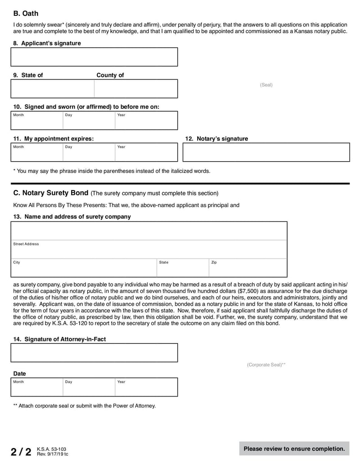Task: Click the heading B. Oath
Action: click(x=26, y=14)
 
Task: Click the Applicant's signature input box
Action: click(x=94, y=57)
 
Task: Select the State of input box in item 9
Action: click(x=52, y=89)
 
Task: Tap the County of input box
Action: click(x=135, y=89)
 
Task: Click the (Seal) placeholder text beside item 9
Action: click(x=266, y=85)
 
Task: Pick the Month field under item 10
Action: click(x=36, y=121)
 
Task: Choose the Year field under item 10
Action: click(x=146, y=121)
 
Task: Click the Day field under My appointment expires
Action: click(x=89, y=153)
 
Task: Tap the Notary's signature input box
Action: click(x=266, y=153)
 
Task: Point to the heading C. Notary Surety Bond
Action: click(x=51, y=193)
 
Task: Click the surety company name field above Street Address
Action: click(x=149, y=231)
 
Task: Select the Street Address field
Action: click(x=149, y=249)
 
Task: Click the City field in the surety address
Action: click(x=84, y=268)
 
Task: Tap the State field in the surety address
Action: click(x=182, y=268)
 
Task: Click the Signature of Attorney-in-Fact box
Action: click(x=94, y=353)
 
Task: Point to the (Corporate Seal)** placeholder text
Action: click(x=266, y=365)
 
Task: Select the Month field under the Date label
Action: click(x=36, y=387)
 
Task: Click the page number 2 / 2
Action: click(x=21, y=452)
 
